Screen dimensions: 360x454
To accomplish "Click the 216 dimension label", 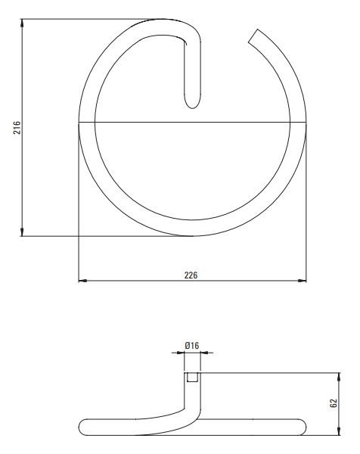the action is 17,128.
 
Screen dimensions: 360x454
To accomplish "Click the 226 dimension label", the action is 191,275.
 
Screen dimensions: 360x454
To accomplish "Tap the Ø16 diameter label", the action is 192,346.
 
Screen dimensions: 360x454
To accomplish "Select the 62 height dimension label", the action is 334,403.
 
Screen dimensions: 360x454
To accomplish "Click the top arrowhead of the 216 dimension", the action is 22,23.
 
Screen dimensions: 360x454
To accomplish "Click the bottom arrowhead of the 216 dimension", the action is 22,232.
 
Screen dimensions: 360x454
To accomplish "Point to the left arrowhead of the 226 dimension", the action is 82,281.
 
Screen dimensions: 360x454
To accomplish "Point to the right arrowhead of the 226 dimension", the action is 302,281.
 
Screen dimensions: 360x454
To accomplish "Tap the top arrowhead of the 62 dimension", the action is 340,377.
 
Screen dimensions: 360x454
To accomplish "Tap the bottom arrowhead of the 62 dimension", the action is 340,431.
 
